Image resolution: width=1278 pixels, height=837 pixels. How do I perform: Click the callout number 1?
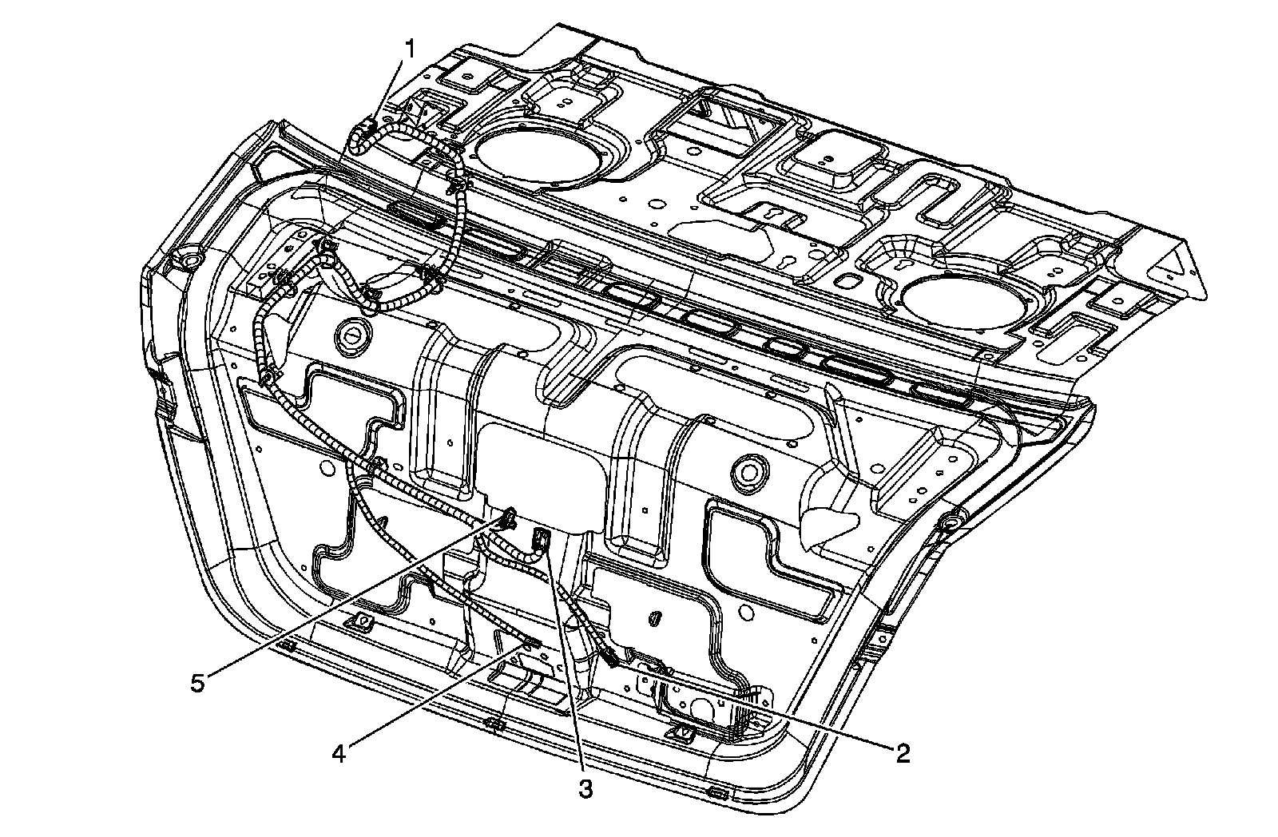[411, 49]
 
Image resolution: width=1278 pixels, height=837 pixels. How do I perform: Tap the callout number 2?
[903, 752]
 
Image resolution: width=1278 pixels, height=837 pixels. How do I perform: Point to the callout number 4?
[339, 753]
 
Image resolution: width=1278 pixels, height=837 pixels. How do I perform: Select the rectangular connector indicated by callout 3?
[542, 540]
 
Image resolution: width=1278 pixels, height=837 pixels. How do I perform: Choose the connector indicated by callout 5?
[508, 519]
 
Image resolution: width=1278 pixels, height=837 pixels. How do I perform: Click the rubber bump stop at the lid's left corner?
[189, 261]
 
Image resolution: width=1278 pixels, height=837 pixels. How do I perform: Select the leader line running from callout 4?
[431, 699]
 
